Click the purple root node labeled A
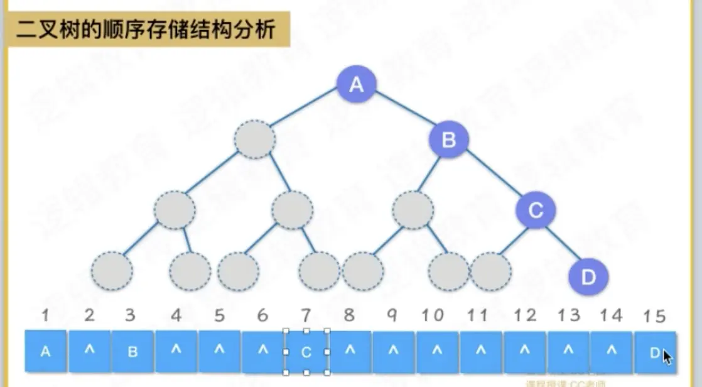(357, 85)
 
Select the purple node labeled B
(448, 139)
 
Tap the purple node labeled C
(536, 210)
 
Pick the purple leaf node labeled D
(588, 276)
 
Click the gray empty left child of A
(254, 139)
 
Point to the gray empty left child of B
(413, 210)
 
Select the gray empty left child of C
(491, 272)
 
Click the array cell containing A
(45, 351)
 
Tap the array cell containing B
(132, 351)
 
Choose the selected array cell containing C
(306, 351)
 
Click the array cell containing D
(654, 351)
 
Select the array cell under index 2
(89, 351)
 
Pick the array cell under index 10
(437, 351)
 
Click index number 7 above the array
(306, 315)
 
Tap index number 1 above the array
(45, 315)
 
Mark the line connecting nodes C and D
(562, 243)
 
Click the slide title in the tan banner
(146, 29)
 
